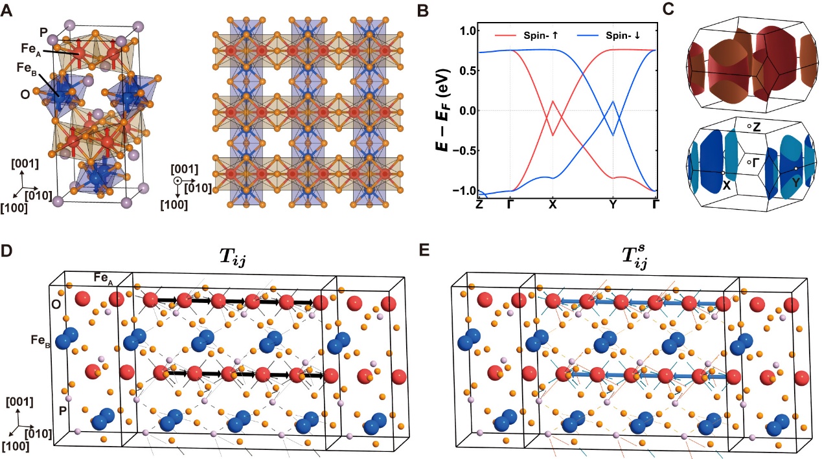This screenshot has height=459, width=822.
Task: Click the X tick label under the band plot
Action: pos(553,203)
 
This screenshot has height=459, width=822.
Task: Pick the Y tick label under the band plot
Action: pos(613,203)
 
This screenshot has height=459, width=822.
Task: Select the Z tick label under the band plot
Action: pos(479,203)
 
